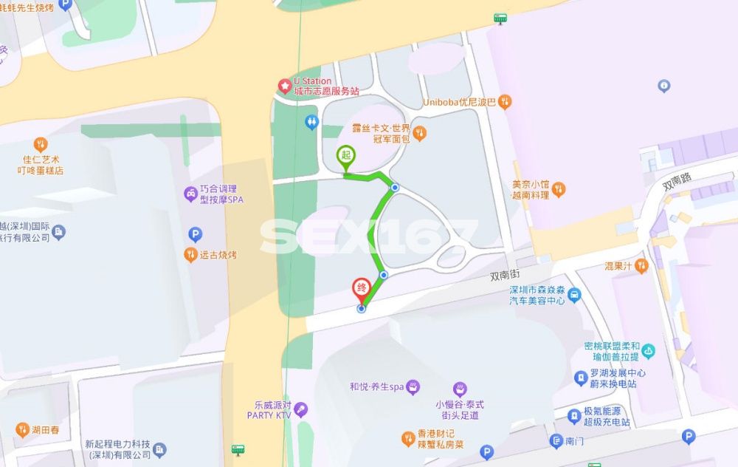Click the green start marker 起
pyautogui.click(x=345, y=156)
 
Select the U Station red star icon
pyautogui.click(x=284, y=86)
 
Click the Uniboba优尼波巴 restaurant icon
pyautogui.click(x=505, y=102)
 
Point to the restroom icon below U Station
pyautogui.click(x=311, y=122)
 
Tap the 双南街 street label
pyautogui.click(x=505, y=276)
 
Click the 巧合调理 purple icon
pyautogui.click(x=190, y=194)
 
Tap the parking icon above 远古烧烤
pyautogui.click(x=196, y=235)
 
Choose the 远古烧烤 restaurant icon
pyautogui.click(x=190, y=255)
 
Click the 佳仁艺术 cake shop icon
pyautogui.click(x=41, y=145)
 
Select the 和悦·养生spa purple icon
pyautogui.click(x=413, y=386)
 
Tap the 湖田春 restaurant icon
pyautogui.click(x=21, y=429)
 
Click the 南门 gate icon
pyautogui.click(x=556, y=441)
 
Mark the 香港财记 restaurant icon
pyautogui.click(x=407, y=440)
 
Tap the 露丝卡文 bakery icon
pyautogui.click(x=419, y=134)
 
